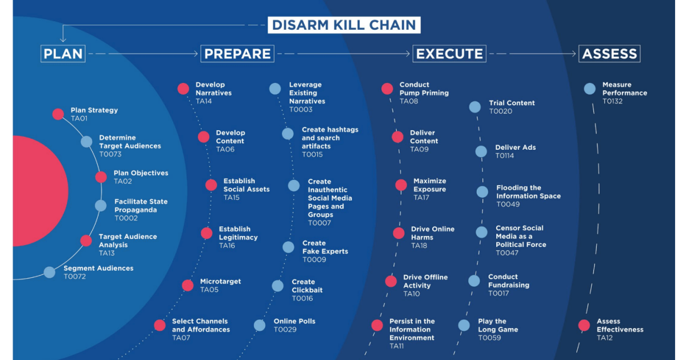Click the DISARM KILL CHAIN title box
(x=344, y=25)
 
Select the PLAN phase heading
(x=63, y=54)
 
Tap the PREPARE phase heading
(x=237, y=54)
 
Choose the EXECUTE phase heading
(x=449, y=54)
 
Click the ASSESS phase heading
(x=609, y=54)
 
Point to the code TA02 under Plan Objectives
(x=123, y=182)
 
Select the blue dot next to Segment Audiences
(x=50, y=273)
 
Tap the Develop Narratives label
(x=213, y=89)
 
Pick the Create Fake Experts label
(x=325, y=247)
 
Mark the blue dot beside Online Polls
(x=260, y=325)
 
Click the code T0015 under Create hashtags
(x=312, y=155)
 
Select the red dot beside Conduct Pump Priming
(x=387, y=89)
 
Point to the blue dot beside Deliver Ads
(x=481, y=151)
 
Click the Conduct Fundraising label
(x=508, y=281)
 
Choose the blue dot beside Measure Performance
(x=590, y=89)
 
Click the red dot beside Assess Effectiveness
(x=584, y=325)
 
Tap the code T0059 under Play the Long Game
(x=489, y=338)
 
